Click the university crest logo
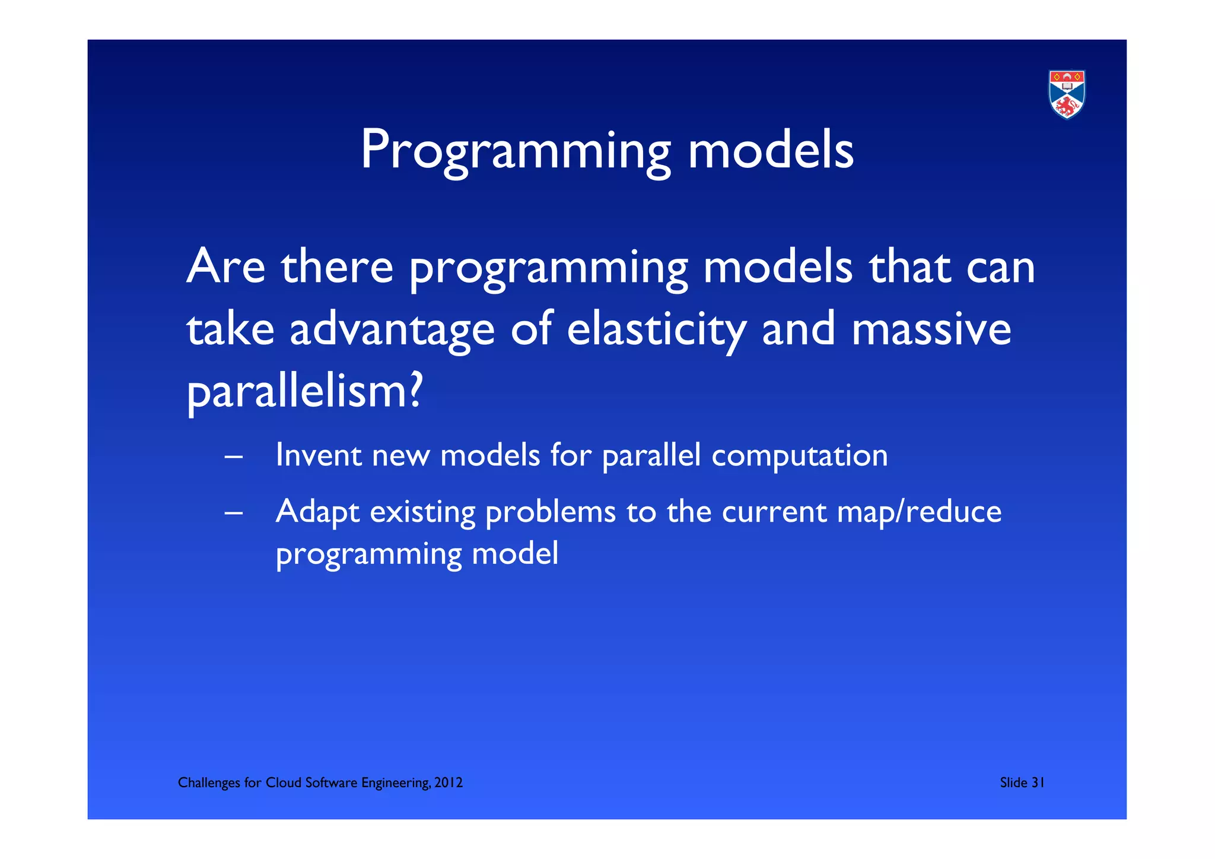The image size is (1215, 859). pyautogui.click(x=1067, y=94)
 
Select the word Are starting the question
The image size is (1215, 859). pyautogui.click(x=225, y=267)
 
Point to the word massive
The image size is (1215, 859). pyautogui.click(x=931, y=329)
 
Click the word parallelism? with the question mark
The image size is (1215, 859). pyautogui.click(x=305, y=392)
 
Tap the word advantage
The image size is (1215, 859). pyautogui.click(x=392, y=331)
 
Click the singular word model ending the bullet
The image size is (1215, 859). pyautogui.click(x=515, y=554)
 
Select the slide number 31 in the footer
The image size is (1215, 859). pyautogui.click(x=1037, y=782)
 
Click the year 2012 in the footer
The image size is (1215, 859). pyautogui.click(x=448, y=782)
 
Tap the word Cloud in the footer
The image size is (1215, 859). pyautogui.click(x=283, y=782)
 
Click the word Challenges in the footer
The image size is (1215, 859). pyautogui.click(x=209, y=783)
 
